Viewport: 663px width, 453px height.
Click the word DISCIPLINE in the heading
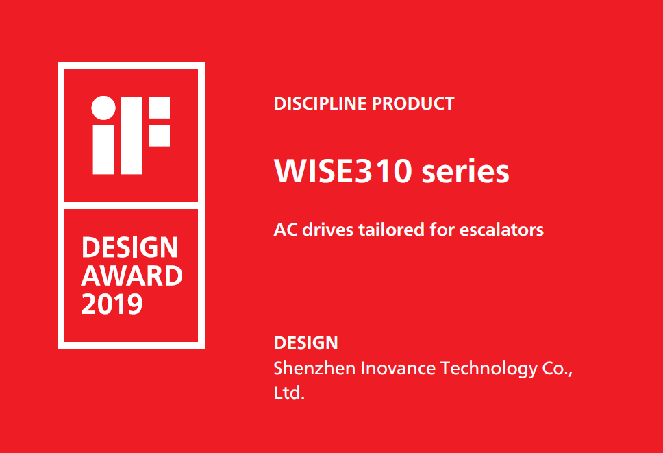coord(320,103)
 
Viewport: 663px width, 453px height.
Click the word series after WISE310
coord(465,171)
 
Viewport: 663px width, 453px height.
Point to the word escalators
coord(501,230)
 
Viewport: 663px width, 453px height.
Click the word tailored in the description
coord(392,230)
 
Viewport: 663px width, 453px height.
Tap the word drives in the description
coord(327,230)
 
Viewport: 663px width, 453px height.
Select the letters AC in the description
coord(286,230)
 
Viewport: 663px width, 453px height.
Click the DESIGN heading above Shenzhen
coord(305,343)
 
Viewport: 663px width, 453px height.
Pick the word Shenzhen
coord(314,368)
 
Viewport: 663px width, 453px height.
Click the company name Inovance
coord(398,368)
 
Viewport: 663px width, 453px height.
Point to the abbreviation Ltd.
coord(289,393)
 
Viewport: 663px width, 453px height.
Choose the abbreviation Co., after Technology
coord(558,369)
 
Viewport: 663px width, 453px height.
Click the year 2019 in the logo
coord(112,304)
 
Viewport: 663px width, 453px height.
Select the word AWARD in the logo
coord(132,276)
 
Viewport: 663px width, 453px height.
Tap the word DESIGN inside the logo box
coord(129,247)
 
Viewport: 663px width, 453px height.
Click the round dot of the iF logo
coord(103,108)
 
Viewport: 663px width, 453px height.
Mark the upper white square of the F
coord(160,108)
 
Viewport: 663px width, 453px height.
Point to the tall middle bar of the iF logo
coord(131,136)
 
